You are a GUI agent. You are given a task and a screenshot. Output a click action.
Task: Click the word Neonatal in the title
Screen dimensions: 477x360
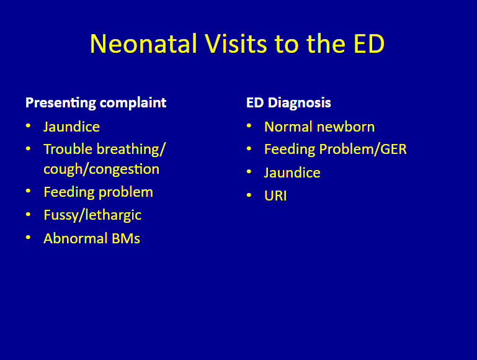click(x=143, y=43)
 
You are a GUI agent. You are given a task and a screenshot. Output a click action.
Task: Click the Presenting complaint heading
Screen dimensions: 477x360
click(x=96, y=103)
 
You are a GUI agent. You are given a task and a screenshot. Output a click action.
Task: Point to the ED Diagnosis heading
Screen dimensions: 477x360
click(x=288, y=103)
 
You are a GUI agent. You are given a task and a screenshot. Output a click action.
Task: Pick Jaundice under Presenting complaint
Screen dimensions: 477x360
click(x=71, y=127)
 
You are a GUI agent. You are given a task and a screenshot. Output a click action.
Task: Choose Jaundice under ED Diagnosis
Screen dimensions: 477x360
click(x=292, y=173)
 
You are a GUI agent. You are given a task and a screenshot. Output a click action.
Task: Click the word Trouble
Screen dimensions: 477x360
click(x=68, y=149)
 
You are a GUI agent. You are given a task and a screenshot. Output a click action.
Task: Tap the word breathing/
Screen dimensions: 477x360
click(x=131, y=150)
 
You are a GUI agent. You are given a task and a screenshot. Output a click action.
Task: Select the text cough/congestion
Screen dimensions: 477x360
click(x=101, y=169)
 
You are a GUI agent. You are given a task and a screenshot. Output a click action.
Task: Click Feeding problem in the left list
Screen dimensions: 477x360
click(x=98, y=192)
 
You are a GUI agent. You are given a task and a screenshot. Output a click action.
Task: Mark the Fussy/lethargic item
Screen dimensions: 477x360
click(x=92, y=215)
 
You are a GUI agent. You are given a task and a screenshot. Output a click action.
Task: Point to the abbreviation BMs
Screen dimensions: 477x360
click(x=126, y=238)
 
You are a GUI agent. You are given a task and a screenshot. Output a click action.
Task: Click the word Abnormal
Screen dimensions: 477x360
click(x=76, y=238)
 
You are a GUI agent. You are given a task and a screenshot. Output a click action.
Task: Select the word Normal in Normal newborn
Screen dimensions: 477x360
click(x=288, y=127)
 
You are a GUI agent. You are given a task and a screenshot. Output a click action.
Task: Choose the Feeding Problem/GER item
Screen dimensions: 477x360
click(x=335, y=150)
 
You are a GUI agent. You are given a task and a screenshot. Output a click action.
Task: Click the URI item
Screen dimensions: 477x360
click(x=275, y=196)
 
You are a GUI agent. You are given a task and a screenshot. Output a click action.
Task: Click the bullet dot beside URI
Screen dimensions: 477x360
click(x=249, y=195)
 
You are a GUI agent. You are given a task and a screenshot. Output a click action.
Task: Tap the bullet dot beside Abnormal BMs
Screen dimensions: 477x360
click(x=29, y=237)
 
